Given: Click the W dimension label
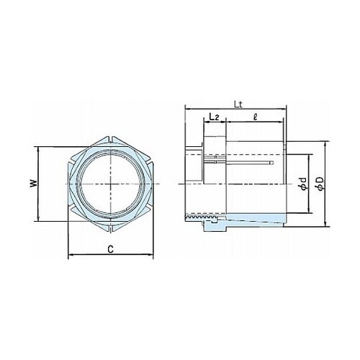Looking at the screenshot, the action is click(x=35, y=184).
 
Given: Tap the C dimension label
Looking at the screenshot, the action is click(x=110, y=249).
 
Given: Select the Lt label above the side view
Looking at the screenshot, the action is click(x=238, y=104).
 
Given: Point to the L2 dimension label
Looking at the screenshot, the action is click(x=214, y=117).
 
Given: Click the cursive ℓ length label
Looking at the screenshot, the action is click(x=255, y=117).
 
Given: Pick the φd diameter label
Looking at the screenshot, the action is click(x=303, y=184).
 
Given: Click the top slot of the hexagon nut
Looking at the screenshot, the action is click(x=111, y=140).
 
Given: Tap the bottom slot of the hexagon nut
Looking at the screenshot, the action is click(x=111, y=228).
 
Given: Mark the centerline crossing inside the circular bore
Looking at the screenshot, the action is click(x=111, y=184).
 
